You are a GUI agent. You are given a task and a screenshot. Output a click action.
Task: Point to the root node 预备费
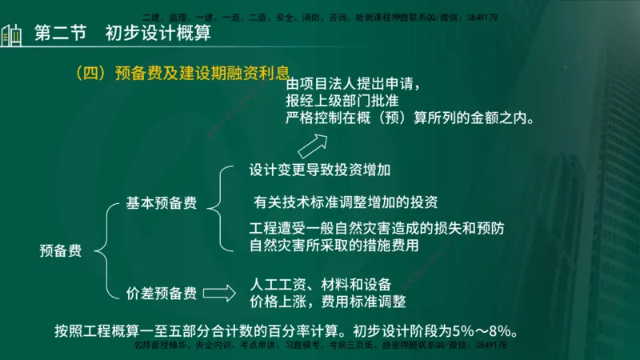61,250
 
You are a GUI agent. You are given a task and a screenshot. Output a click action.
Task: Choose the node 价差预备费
161,293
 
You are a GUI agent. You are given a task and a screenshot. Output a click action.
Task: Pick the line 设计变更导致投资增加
320,170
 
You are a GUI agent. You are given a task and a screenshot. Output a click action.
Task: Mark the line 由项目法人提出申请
352,83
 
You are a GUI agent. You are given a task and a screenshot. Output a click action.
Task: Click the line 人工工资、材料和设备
320,284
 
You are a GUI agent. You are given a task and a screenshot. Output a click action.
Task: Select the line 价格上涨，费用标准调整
328,302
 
